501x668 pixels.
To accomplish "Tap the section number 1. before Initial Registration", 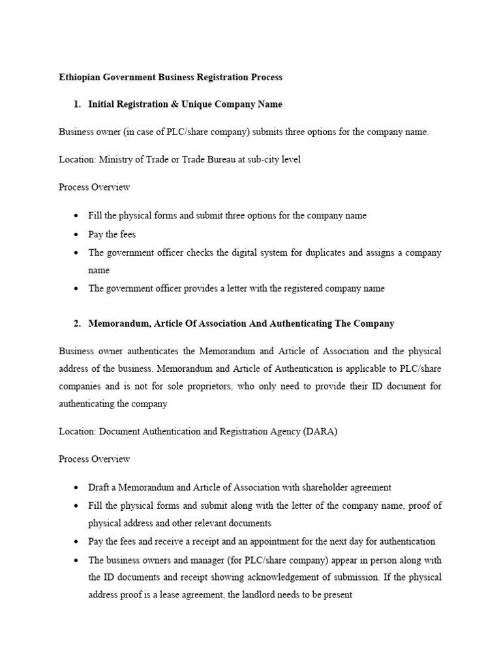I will click(78, 104).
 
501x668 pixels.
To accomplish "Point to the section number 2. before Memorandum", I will click(78, 323).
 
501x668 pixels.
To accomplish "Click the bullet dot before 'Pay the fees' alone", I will click(76, 234).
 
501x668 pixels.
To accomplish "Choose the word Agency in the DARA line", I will click(284, 431).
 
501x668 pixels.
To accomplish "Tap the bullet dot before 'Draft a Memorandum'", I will click(76, 487).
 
